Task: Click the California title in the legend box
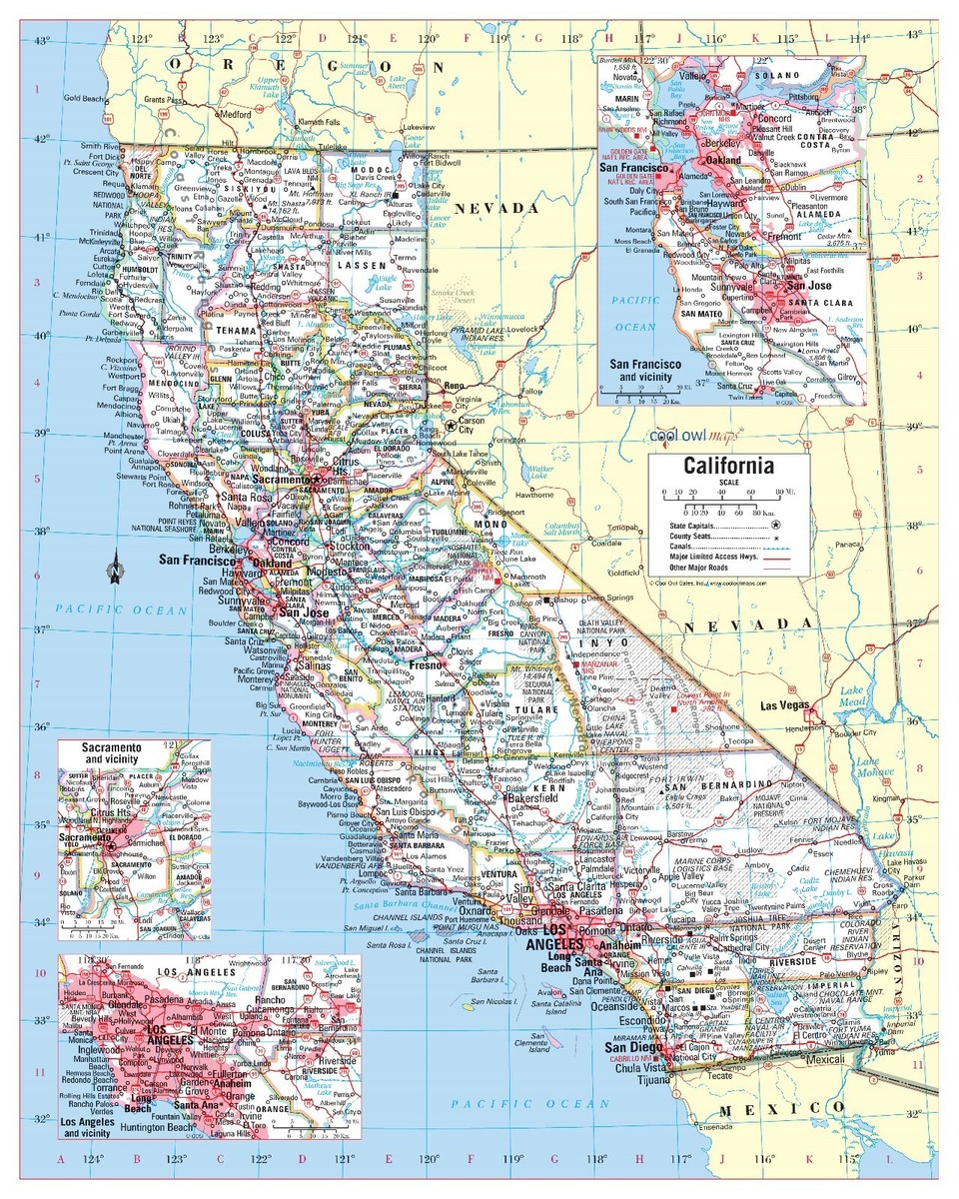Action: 728,466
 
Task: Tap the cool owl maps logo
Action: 689,437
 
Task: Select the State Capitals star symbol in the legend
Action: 775,524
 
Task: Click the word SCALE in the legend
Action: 728,482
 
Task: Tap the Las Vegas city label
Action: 785,705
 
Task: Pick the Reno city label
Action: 456,386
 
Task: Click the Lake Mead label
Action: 852,696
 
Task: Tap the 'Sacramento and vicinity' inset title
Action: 133,753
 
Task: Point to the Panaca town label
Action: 848,545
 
